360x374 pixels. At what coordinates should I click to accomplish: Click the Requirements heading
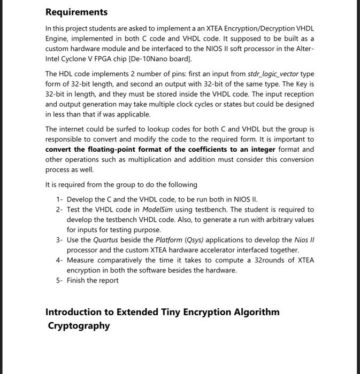tap(76, 12)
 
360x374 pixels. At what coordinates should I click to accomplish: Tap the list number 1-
tap(59, 199)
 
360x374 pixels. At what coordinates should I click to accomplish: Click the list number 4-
tap(59, 260)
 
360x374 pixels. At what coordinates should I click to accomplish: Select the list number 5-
tap(59, 280)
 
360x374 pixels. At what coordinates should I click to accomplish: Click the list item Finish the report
tap(93, 280)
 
